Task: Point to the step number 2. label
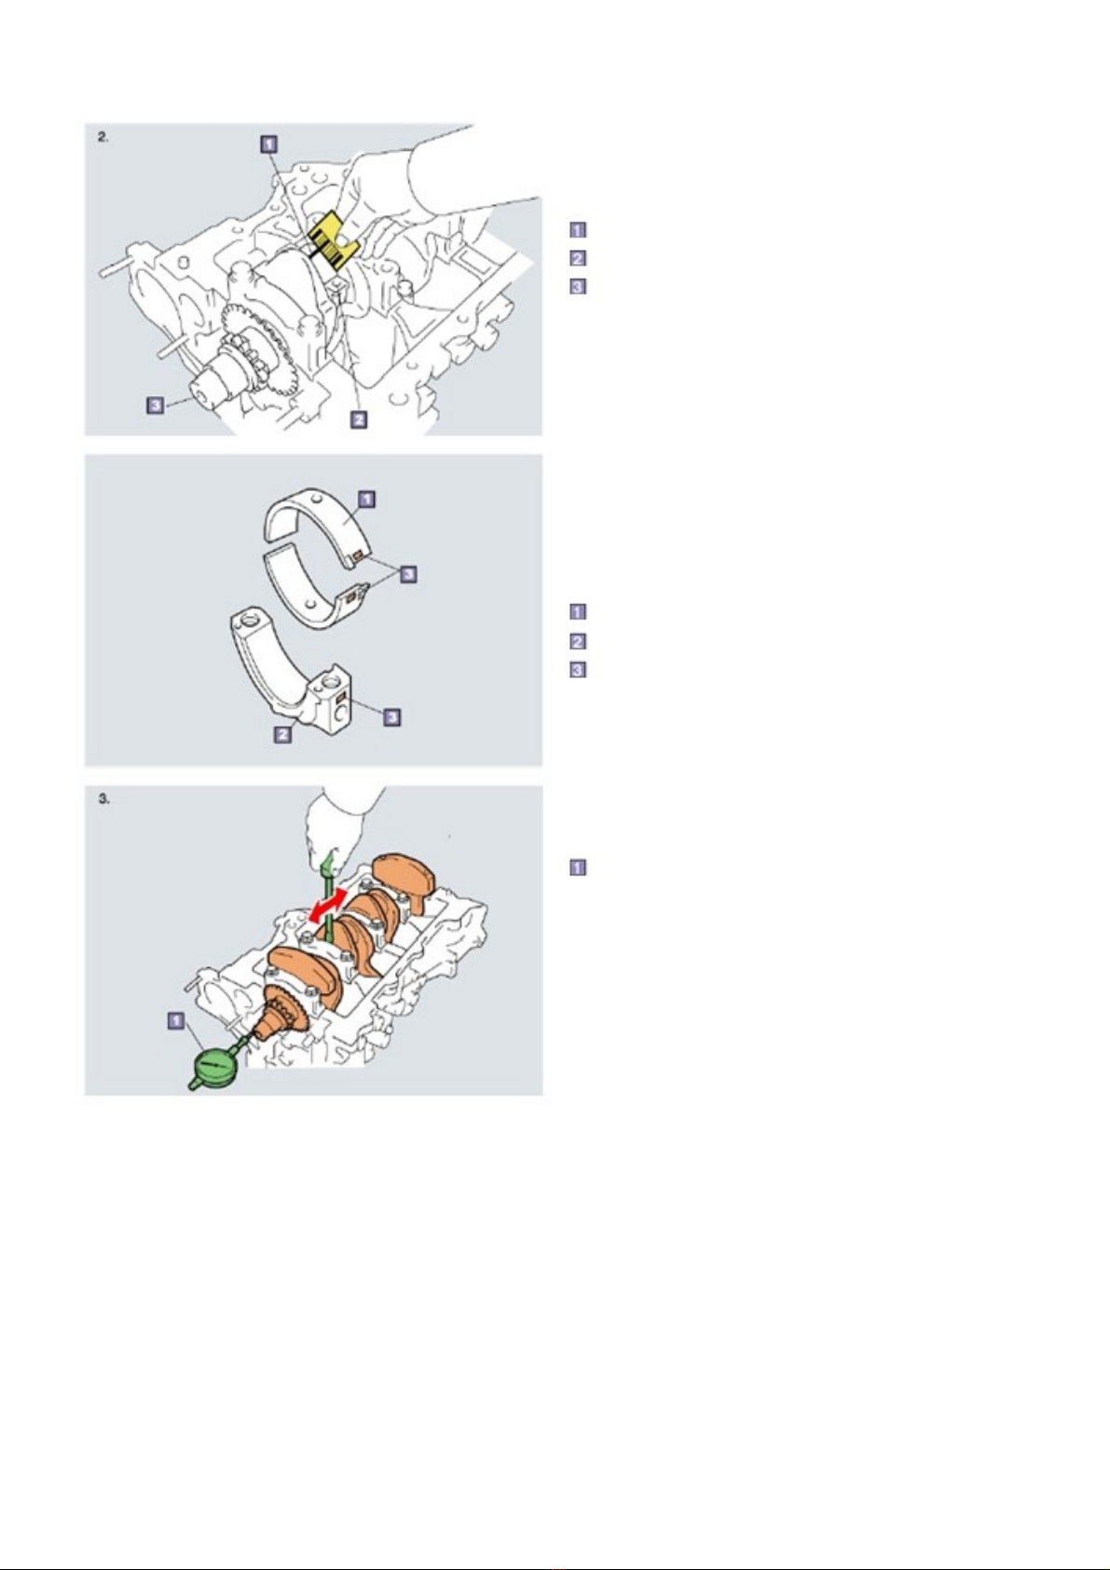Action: [x=103, y=137]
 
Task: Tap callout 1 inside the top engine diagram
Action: [x=269, y=144]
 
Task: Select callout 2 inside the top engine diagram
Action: [x=358, y=419]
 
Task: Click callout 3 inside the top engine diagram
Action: [x=156, y=404]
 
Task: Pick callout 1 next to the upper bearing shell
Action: [x=366, y=499]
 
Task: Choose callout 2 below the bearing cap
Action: [x=282, y=734]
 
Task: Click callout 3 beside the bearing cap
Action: [x=392, y=717]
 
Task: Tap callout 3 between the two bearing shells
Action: [x=408, y=574]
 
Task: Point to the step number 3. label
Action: [x=103, y=799]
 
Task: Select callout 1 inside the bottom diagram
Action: [x=176, y=1019]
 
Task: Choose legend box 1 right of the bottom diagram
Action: [x=578, y=867]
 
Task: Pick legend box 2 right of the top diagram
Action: [x=578, y=259]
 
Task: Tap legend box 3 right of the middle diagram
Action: [x=578, y=670]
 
